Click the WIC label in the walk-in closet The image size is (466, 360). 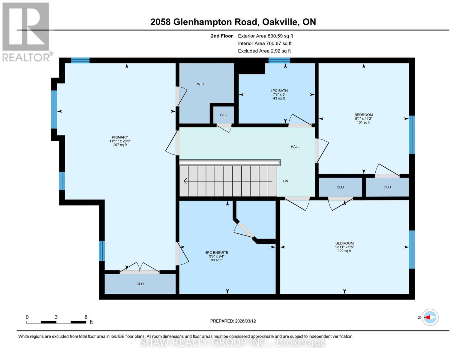200,84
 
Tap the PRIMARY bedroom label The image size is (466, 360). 120,137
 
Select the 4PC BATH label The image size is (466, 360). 279,91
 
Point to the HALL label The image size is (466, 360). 295,147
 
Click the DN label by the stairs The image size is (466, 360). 286,181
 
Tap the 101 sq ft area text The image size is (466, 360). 363,122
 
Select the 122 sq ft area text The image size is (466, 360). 344,251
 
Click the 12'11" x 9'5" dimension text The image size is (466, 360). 344,247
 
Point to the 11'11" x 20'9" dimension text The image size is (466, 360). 120,141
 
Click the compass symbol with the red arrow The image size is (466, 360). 430,317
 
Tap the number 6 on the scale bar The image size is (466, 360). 86,317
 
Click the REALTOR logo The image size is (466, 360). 26,31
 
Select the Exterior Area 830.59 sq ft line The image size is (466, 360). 265,36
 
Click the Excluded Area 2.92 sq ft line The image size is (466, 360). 264,51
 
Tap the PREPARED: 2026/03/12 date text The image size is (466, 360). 233,321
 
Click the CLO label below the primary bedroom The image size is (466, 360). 140,284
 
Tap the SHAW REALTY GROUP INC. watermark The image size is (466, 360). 233,342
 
